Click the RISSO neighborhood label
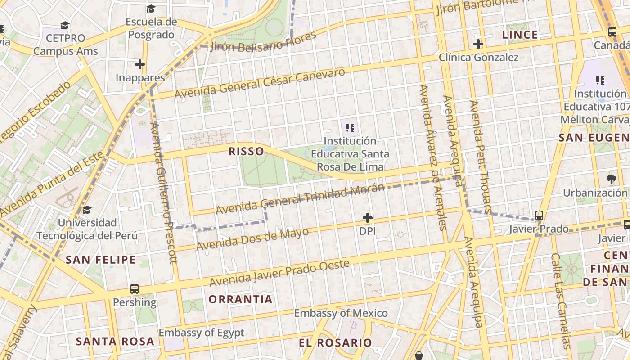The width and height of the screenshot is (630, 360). point(246,151)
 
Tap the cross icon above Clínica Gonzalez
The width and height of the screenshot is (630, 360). point(478,44)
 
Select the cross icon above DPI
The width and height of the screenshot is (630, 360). point(368,218)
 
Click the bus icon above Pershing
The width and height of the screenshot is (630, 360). point(134,288)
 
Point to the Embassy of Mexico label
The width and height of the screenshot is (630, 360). point(341,313)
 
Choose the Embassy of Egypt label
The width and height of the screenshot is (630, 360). point(201,333)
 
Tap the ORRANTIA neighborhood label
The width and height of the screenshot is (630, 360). point(241,299)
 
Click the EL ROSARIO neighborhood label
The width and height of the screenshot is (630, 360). point(335,342)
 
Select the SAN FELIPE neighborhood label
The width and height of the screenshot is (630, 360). point(100,260)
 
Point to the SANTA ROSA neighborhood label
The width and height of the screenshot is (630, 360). point(115,341)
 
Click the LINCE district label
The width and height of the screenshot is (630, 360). point(520,35)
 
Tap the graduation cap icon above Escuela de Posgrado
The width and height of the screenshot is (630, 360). point(151,9)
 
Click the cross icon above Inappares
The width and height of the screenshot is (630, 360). point(140,64)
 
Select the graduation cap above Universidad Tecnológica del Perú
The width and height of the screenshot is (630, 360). point(87,210)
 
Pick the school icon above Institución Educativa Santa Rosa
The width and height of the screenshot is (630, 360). point(350,128)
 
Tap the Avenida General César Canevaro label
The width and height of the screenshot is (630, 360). point(260,83)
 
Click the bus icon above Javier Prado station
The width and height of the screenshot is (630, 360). point(539,216)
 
